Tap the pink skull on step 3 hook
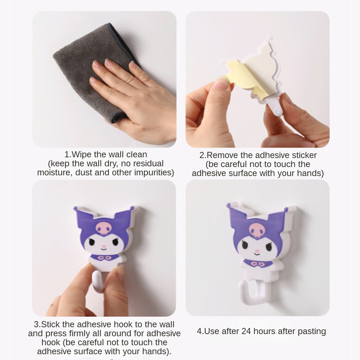pyautogui.click(x=104, y=228)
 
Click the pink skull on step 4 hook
pyautogui.click(x=257, y=230)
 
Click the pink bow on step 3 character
pyautogui.click(x=105, y=258)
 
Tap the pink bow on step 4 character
pyautogui.click(x=257, y=264)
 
